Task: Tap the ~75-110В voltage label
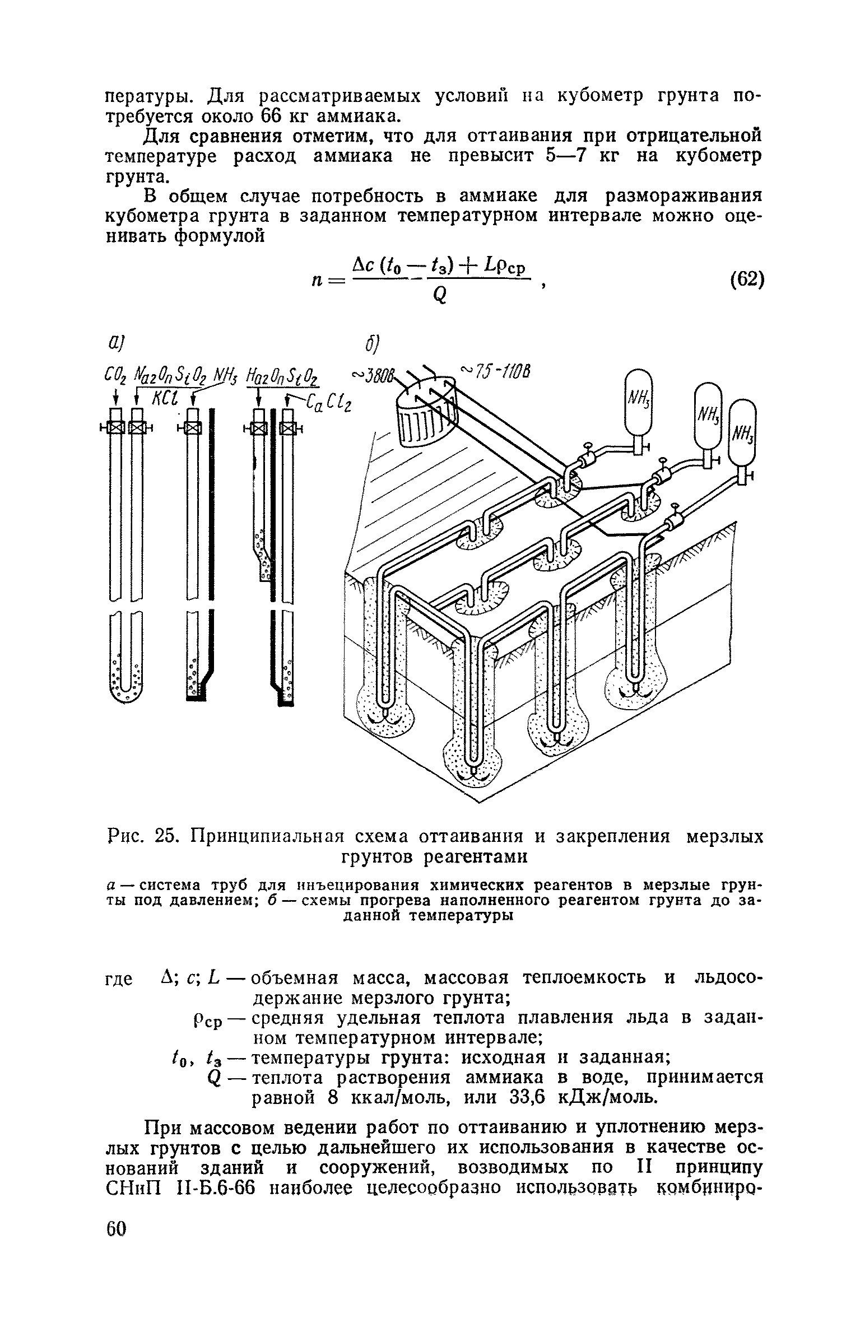(x=495, y=370)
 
